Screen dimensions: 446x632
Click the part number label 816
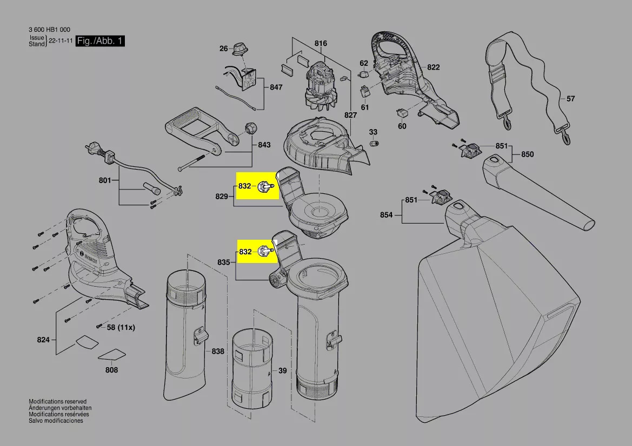[321, 43]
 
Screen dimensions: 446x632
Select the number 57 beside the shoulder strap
[571, 99]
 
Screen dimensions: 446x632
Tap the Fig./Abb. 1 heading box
[100, 42]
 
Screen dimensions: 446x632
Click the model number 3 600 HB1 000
[48, 30]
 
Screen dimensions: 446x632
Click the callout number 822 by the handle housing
[433, 67]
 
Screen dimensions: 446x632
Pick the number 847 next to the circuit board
[276, 87]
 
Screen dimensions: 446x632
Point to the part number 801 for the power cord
[104, 180]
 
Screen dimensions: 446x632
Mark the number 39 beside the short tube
[282, 371]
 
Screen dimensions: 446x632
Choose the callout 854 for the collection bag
[386, 215]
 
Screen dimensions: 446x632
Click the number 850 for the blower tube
[527, 154]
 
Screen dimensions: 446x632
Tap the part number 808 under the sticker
[111, 370]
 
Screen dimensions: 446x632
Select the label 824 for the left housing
[43, 340]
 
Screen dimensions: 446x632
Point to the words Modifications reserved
[57, 402]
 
